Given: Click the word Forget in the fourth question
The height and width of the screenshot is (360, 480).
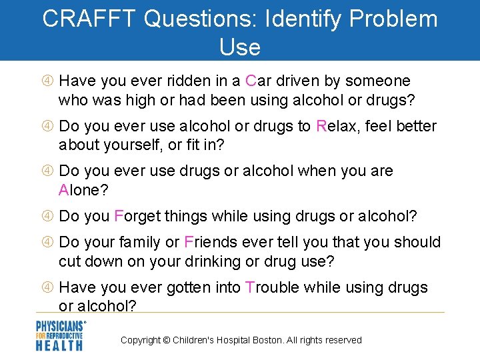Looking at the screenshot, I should coord(137,216).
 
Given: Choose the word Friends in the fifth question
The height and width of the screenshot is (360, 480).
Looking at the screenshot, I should coord(209,242).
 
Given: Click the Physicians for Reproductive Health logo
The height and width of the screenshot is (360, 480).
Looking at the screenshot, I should coord(61,335).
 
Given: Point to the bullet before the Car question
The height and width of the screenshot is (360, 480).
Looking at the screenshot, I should coord(47,81).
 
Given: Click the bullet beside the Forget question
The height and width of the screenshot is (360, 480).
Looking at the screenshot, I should coord(47,217).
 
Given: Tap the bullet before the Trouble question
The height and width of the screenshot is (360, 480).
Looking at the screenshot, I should coord(47,288).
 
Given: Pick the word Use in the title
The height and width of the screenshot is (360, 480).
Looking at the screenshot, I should coord(239,47).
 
